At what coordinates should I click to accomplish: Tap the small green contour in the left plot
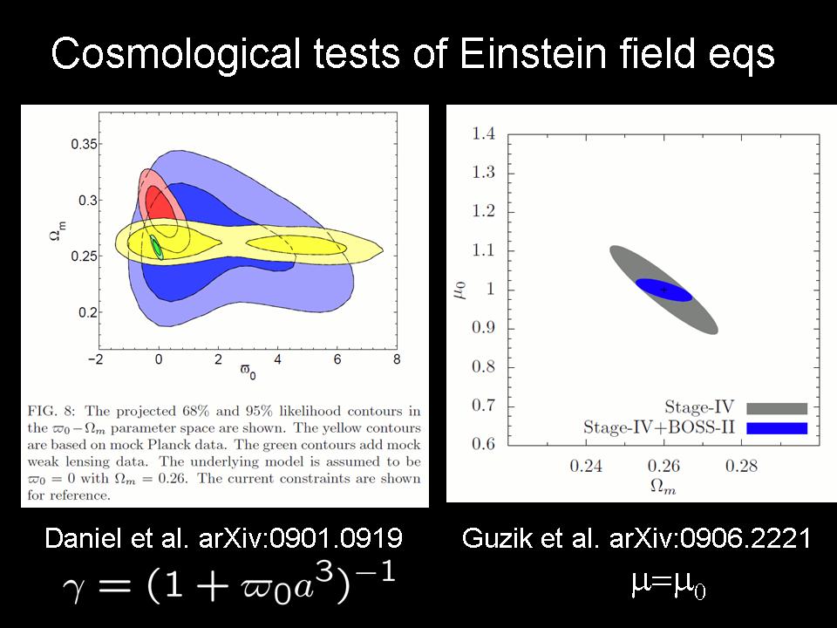click(x=157, y=247)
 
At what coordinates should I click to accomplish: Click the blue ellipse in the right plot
click(x=663, y=290)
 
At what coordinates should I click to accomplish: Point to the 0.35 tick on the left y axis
click(x=85, y=145)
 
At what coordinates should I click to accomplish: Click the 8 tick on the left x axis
click(x=397, y=358)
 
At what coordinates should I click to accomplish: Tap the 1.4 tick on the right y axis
click(x=483, y=133)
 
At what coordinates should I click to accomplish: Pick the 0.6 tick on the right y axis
click(x=483, y=444)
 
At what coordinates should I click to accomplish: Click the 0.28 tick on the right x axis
click(x=742, y=467)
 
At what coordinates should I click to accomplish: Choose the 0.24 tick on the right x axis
click(x=586, y=467)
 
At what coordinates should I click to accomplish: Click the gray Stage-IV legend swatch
click(x=777, y=408)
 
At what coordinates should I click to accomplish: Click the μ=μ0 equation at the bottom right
click(x=667, y=585)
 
